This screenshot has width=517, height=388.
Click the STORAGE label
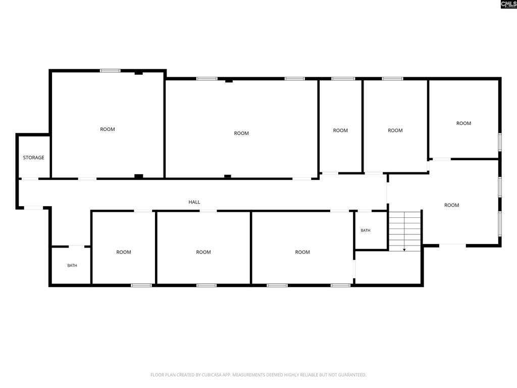33,158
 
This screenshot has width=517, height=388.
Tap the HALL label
194,202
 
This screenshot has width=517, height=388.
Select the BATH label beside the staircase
366,230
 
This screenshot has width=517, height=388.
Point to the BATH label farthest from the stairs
72,265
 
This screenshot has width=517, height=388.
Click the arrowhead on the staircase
404,250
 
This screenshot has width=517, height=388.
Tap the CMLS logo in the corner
508,4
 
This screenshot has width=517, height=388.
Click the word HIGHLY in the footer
290,375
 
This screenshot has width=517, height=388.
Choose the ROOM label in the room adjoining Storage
108,129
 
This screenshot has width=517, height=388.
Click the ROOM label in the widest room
241,133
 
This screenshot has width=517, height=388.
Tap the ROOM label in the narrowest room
340,130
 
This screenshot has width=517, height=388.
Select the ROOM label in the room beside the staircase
451,205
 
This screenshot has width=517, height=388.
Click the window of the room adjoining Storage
110,71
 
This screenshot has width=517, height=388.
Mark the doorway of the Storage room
30,179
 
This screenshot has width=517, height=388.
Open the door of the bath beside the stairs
365,211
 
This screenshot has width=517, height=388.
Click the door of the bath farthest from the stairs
76,246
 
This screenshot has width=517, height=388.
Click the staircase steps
405,231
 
